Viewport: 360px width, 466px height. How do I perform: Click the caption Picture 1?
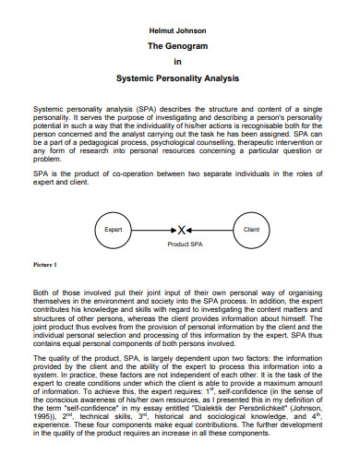click(x=45, y=265)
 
